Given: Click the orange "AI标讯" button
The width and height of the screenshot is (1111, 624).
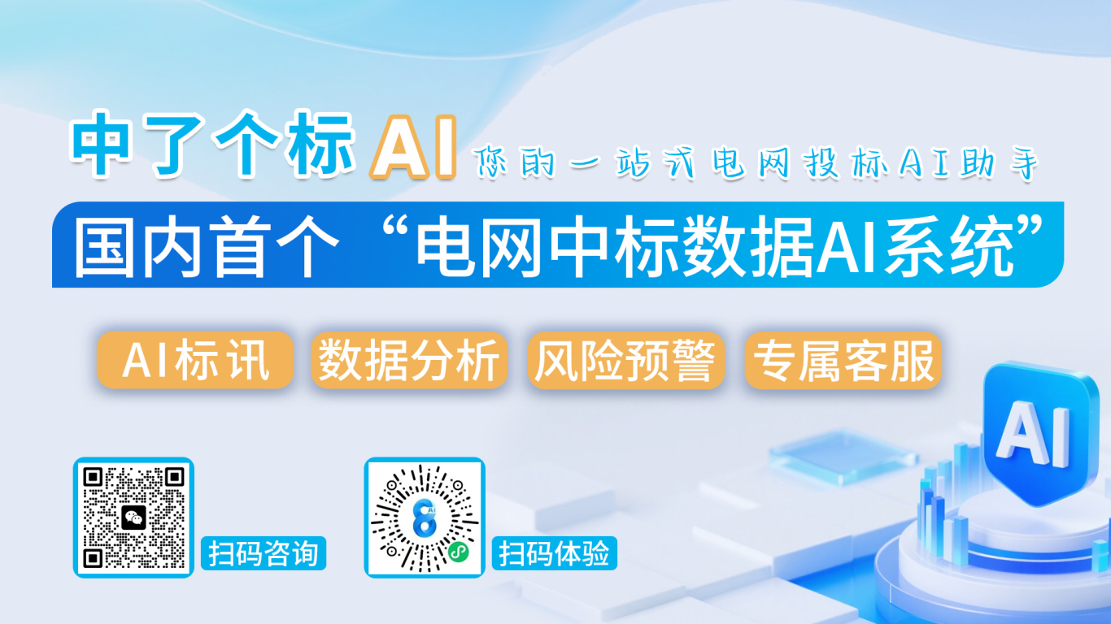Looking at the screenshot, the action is pos(195,360).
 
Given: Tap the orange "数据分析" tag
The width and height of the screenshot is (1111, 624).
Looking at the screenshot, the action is pos(409,360).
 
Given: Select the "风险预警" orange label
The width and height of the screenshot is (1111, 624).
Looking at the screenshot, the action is pos(626,360).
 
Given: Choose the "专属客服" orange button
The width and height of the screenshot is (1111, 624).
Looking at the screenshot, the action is pos(843,360).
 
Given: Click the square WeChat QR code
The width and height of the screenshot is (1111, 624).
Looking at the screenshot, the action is pos(133,518).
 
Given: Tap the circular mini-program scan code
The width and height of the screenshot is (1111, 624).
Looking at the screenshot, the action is pos(425,518).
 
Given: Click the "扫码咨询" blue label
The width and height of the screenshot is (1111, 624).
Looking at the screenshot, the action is pos(264,553).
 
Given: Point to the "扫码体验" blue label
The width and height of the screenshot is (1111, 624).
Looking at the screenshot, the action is pos(555,553).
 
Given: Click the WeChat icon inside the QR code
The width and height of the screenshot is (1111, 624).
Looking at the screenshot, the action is pos(134,518).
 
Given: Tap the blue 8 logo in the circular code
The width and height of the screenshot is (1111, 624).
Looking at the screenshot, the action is pos(425,518).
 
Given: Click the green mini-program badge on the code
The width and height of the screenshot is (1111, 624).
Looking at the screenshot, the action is pos(458,552).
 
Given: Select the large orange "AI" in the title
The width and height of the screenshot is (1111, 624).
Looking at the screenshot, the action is pos(412,147).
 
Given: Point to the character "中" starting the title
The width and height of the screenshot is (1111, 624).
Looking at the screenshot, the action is pos(101,144).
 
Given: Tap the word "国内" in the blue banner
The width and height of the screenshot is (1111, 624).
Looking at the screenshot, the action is pos(137,246).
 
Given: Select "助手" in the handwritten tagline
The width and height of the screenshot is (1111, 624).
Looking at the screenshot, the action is pos(999,162).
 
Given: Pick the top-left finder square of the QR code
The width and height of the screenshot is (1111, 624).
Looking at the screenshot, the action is pos(93,477).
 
